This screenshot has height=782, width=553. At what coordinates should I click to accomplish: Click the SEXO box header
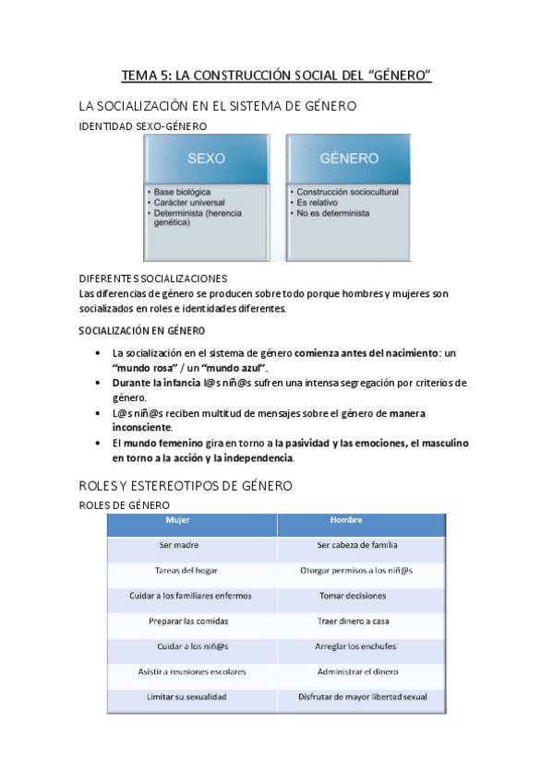point(206,158)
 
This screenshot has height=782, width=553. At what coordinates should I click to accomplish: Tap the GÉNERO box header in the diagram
point(343,158)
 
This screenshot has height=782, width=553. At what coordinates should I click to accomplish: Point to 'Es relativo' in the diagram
point(317,202)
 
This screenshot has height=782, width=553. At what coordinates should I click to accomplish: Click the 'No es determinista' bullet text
point(332,212)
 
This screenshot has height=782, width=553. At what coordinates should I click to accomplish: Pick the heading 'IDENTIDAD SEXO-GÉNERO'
point(143,126)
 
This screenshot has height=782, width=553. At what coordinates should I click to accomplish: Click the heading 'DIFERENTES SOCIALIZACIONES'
point(153,278)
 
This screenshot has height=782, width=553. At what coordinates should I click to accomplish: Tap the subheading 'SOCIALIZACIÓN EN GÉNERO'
point(142,330)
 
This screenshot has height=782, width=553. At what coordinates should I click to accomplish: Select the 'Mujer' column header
point(177,520)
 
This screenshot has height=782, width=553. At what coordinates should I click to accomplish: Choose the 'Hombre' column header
point(331,520)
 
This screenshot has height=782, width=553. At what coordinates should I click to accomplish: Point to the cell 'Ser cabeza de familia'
point(356,545)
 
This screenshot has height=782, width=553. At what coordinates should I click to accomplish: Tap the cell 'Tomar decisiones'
point(356,596)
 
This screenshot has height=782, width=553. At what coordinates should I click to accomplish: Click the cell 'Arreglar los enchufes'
point(356,646)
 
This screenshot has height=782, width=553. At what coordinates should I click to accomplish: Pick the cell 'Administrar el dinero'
point(356,671)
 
